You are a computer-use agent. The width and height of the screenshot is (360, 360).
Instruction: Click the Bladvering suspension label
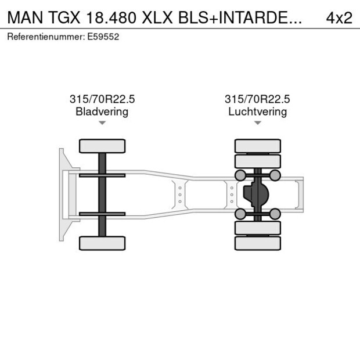102,111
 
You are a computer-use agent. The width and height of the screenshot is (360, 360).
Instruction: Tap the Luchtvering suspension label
257,111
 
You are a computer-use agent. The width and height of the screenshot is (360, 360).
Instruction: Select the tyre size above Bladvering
102,99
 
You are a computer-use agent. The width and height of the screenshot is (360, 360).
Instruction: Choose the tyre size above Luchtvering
257,99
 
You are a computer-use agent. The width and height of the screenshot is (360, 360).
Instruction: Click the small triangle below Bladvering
102,123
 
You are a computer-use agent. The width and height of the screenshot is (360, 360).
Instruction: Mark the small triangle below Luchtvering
257,123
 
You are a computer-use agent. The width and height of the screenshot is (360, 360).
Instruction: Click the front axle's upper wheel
102,146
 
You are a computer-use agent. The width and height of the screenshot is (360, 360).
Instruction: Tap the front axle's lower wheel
102,243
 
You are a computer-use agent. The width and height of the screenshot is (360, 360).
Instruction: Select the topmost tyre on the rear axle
257,146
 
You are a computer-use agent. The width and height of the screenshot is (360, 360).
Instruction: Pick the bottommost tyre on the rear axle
257,243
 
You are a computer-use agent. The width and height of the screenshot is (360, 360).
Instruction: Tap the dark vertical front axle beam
102,195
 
